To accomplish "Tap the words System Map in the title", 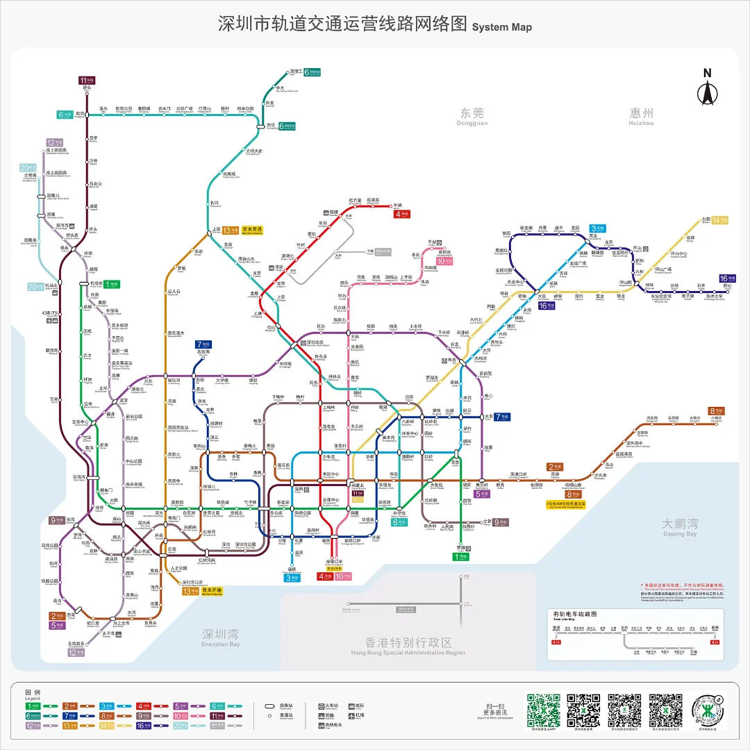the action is click(502, 27).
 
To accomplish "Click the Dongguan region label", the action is click(472, 116).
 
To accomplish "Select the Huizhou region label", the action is click(642, 115).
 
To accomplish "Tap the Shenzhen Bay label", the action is click(221, 636).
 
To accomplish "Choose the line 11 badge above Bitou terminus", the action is click(87, 80).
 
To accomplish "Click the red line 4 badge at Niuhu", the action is click(402, 215).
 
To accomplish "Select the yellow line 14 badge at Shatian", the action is click(719, 220).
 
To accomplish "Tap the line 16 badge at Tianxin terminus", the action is click(727, 278).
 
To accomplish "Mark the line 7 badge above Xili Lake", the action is click(203, 344).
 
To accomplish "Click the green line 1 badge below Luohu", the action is click(461, 556).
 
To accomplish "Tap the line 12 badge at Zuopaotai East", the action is click(76, 652).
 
